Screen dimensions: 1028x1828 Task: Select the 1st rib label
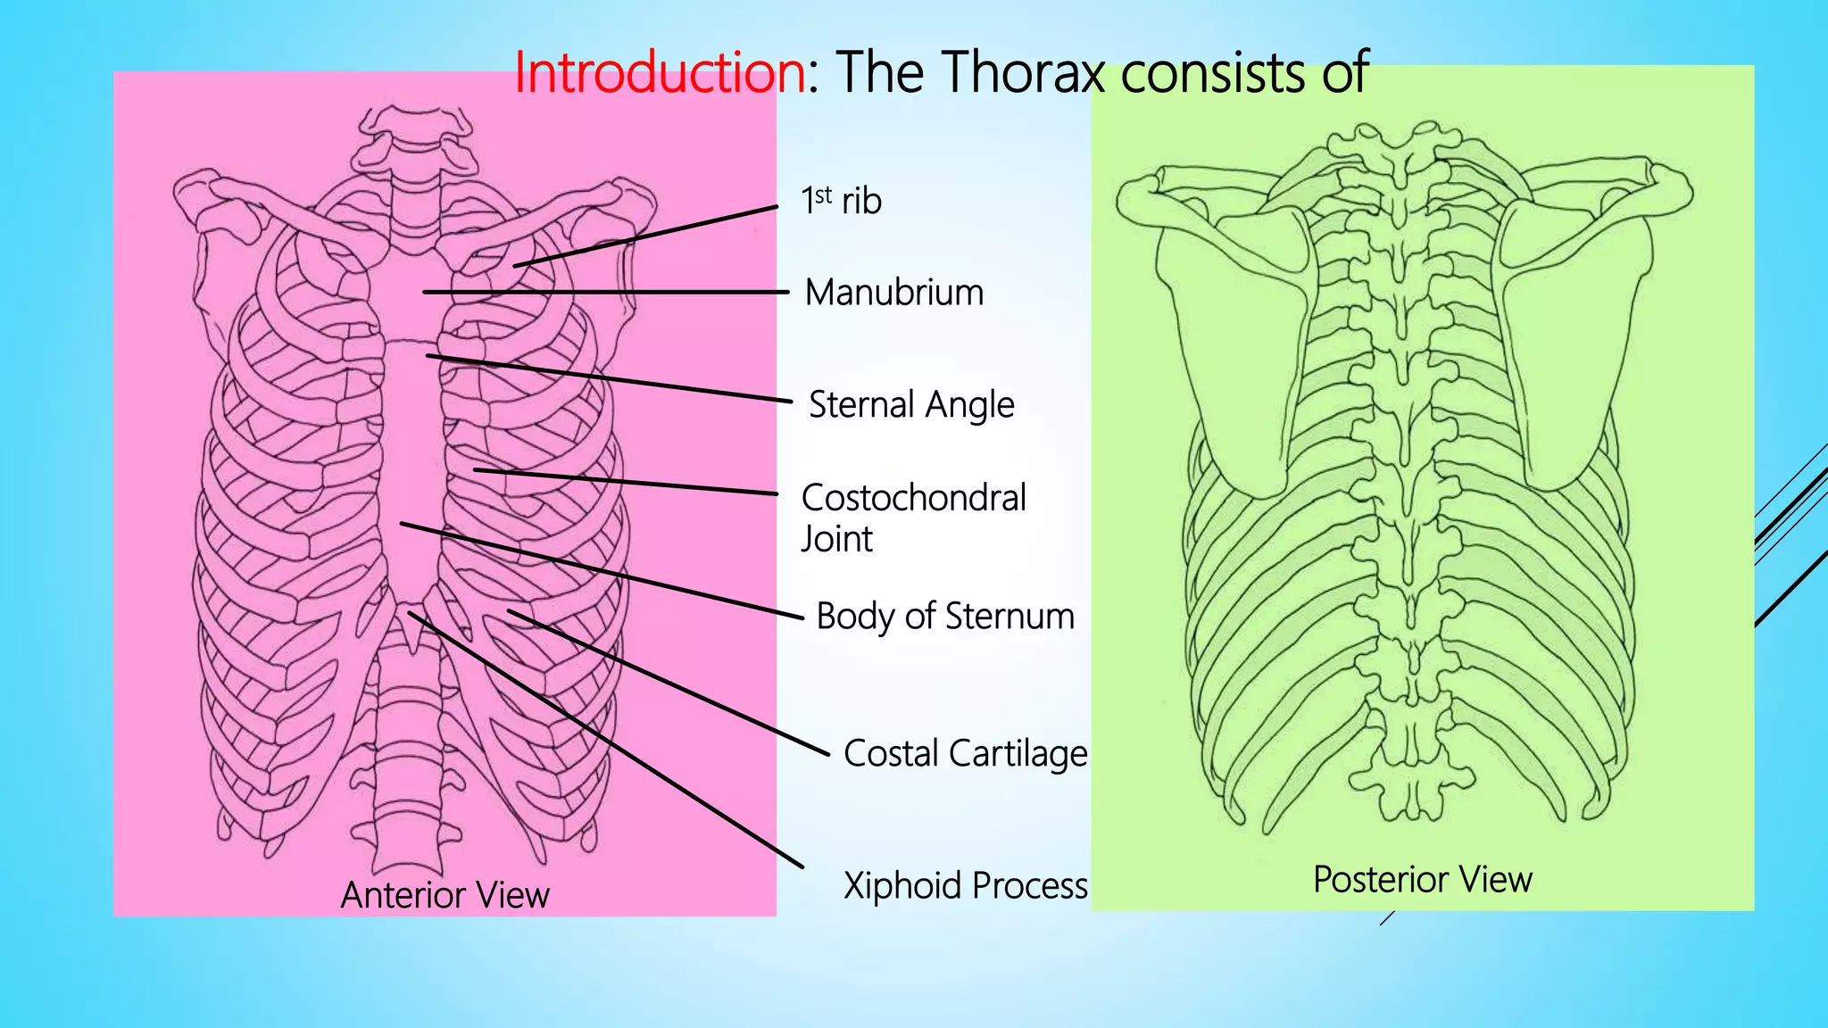841,201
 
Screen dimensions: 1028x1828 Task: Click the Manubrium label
893,293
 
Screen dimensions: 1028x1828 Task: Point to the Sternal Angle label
911,404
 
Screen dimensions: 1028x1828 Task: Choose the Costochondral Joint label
913,518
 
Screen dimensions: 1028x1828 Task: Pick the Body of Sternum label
944,616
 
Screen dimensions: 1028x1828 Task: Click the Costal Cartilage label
965,753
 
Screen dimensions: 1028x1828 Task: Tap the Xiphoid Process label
965,885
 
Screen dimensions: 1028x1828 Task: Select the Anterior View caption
445,895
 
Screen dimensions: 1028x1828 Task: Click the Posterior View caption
1422,879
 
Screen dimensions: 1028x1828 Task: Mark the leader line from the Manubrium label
607,292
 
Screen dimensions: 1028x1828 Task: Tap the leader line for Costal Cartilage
669,683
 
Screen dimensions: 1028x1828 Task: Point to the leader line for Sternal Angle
607,378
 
